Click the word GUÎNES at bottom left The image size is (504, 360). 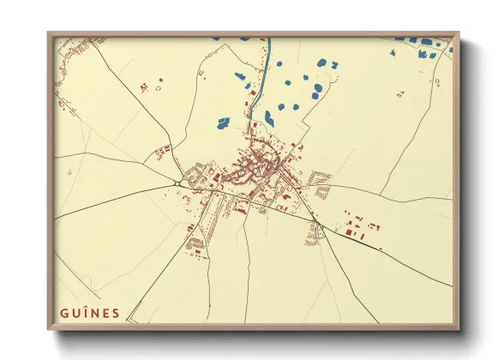(90, 313)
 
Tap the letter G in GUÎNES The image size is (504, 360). (64, 313)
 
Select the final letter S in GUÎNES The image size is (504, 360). (116, 313)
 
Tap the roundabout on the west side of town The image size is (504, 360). (177, 182)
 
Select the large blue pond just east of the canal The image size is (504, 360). (268, 117)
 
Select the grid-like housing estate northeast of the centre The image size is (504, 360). (321, 183)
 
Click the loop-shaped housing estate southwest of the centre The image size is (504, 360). (196, 240)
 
